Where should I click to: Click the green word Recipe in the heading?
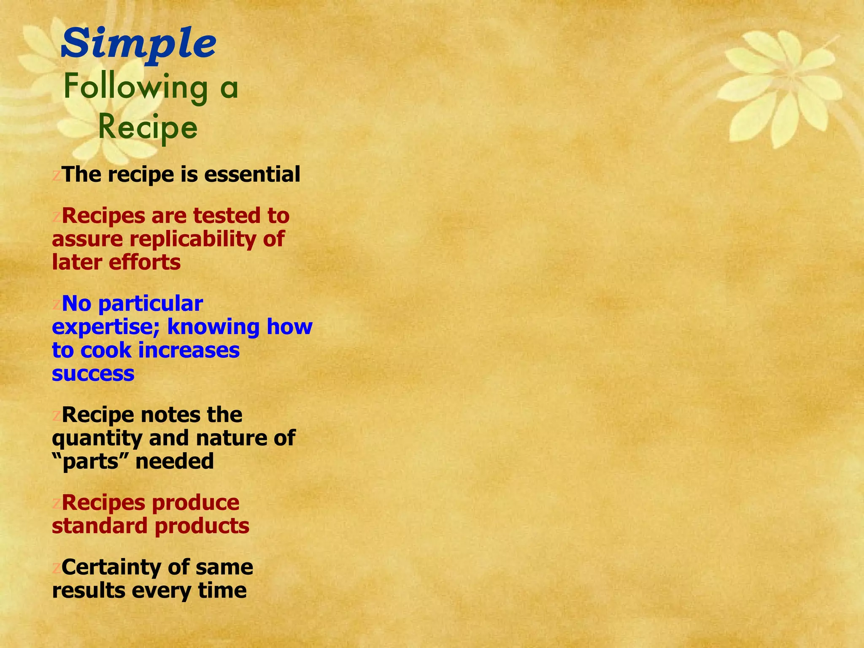click(x=148, y=127)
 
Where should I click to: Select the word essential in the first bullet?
click(x=252, y=175)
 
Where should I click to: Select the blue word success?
click(x=93, y=374)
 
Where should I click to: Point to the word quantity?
click(x=97, y=439)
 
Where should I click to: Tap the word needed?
click(x=175, y=461)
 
